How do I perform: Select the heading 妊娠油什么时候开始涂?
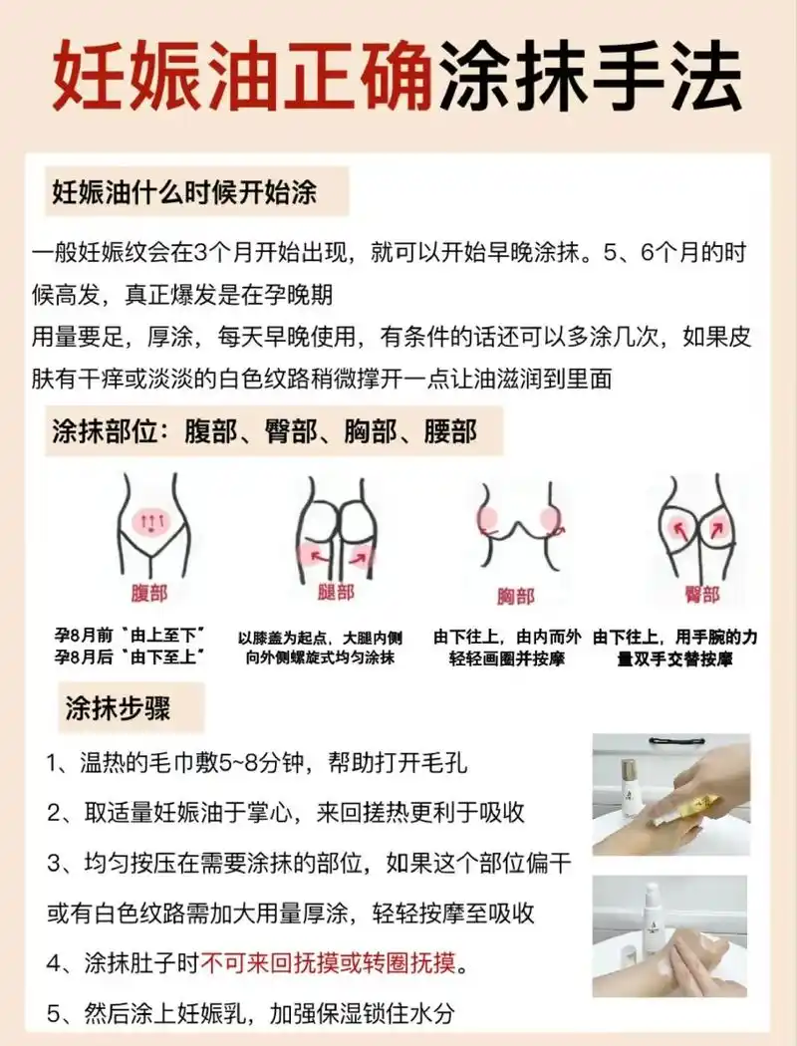click(184, 192)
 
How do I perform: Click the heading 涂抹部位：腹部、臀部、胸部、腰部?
click(264, 431)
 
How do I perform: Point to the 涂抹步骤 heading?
click(118, 708)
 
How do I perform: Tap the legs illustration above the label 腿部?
click(337, 528)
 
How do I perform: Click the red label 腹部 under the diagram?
click(149, 594)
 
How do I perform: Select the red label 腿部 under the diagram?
click(337, 593)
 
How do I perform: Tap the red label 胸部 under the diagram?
click(516, 597)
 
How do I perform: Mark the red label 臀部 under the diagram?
click(701, 595)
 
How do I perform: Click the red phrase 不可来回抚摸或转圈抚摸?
click(328, 963)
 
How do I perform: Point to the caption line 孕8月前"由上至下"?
click(130, 635)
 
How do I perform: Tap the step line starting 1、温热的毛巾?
click(257, 764)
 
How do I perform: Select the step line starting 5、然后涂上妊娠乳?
click(251, 1013)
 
